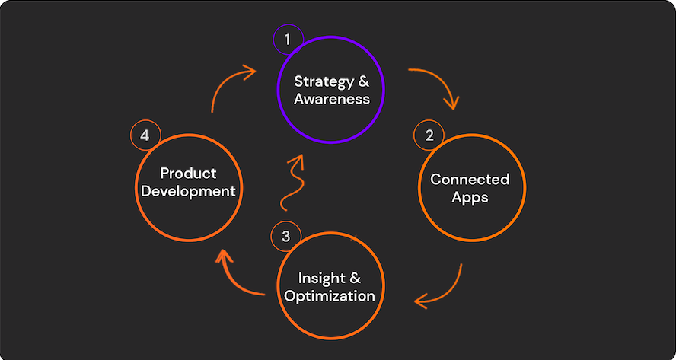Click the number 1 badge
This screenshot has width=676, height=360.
pyautogui.click(x=288, y=39)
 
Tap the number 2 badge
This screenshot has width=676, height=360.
pyautogui.click(x=429, y=136)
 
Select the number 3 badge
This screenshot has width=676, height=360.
pyautogui.click(x=285, y=237)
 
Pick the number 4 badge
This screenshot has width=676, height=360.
pyautogui.click(x=145, y=136)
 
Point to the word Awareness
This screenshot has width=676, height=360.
pyautogui.click(x=333, y=99)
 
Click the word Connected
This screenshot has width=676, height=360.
pyautogui.click(x=470, y=180)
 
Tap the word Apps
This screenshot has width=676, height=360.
pyautogui.click(x=470, y=198)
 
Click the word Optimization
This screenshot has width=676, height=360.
pyautogui.click(x=330, y=295)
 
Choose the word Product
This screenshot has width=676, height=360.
pyautogui.click(x=188, y=174)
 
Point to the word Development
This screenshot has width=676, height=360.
pyautogui.click(x=188, y=191)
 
